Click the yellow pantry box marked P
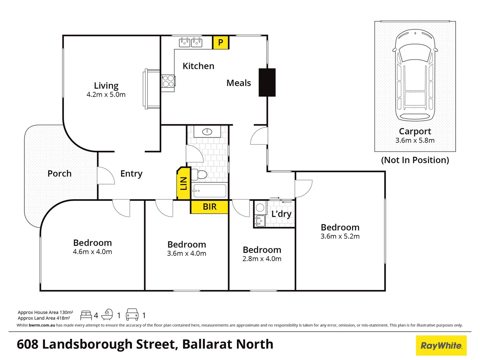click(221, 42)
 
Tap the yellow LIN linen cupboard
click(183, 183)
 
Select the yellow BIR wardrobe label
click(209, 207)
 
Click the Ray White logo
click(441, 346)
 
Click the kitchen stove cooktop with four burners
click(168, 81)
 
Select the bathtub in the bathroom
click(209, 191)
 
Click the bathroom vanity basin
click(207, 131)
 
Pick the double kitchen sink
click(191, 42)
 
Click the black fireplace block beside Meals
click(267, 82)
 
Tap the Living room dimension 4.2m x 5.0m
click(106, 95)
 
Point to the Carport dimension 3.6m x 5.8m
click(415, 141)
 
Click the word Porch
click(59, 174)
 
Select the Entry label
click(131, 174)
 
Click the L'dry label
click(281, 214)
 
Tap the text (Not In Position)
click(415, 160)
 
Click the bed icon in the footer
click(86, 315)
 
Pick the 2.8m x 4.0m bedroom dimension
click(262, 259)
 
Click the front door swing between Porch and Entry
click(106, 176)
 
